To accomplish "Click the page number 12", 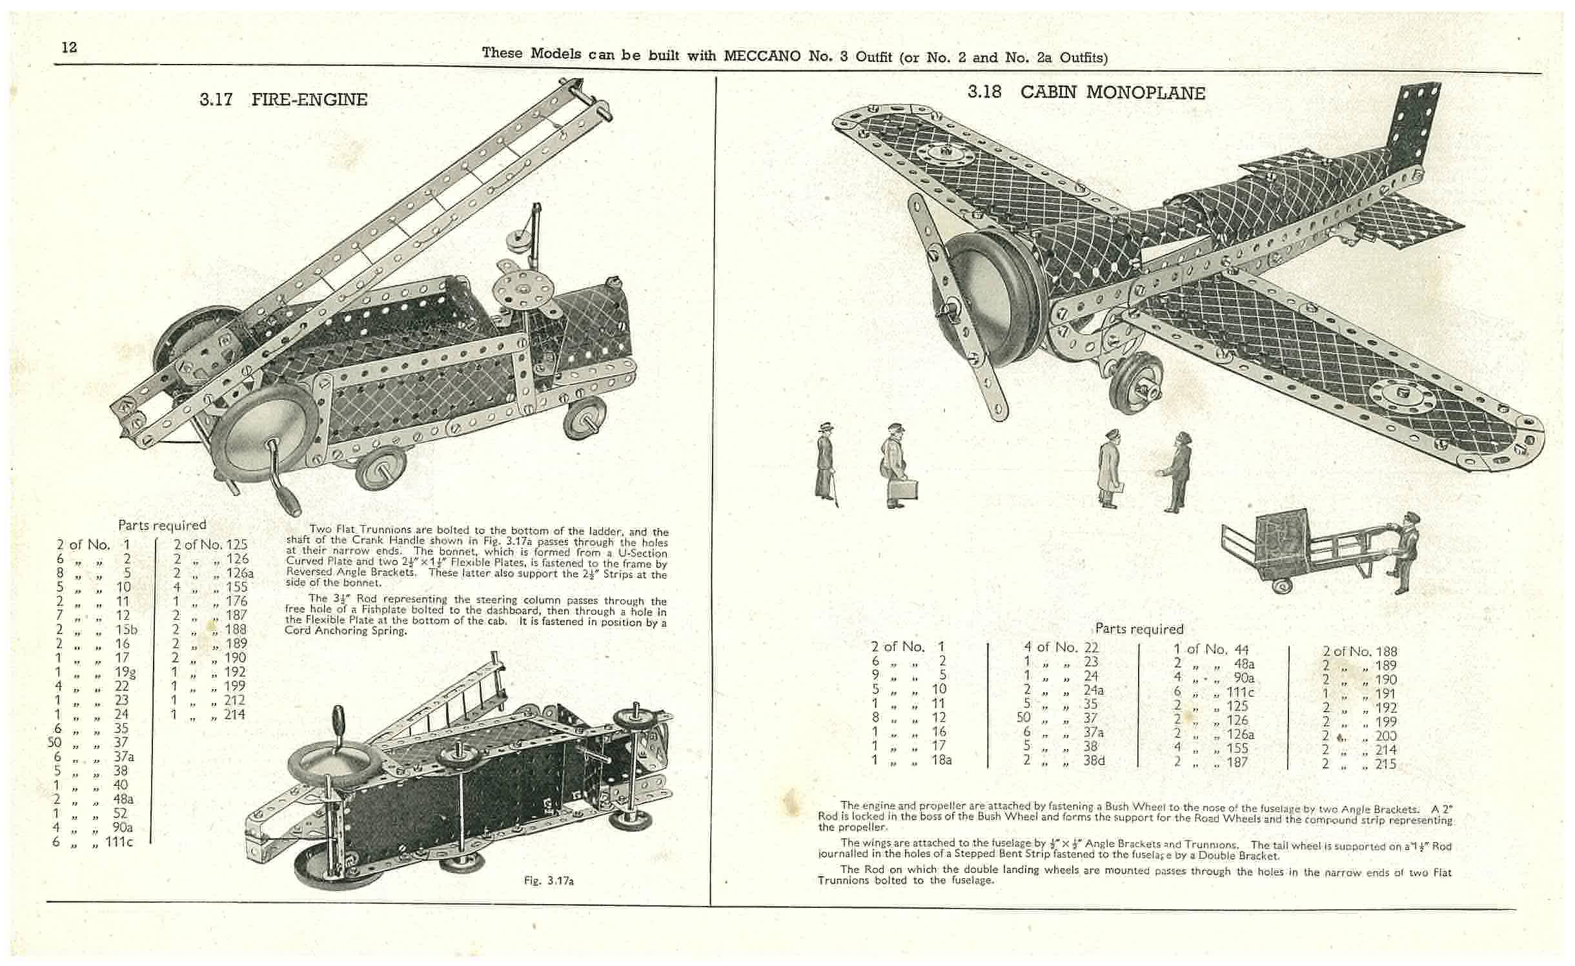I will point(69,47).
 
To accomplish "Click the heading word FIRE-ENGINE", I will point(309,99).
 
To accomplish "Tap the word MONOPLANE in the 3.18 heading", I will point(1145,93).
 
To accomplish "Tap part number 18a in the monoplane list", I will point(941,760).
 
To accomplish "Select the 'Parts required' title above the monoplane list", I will point(1139,629).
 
